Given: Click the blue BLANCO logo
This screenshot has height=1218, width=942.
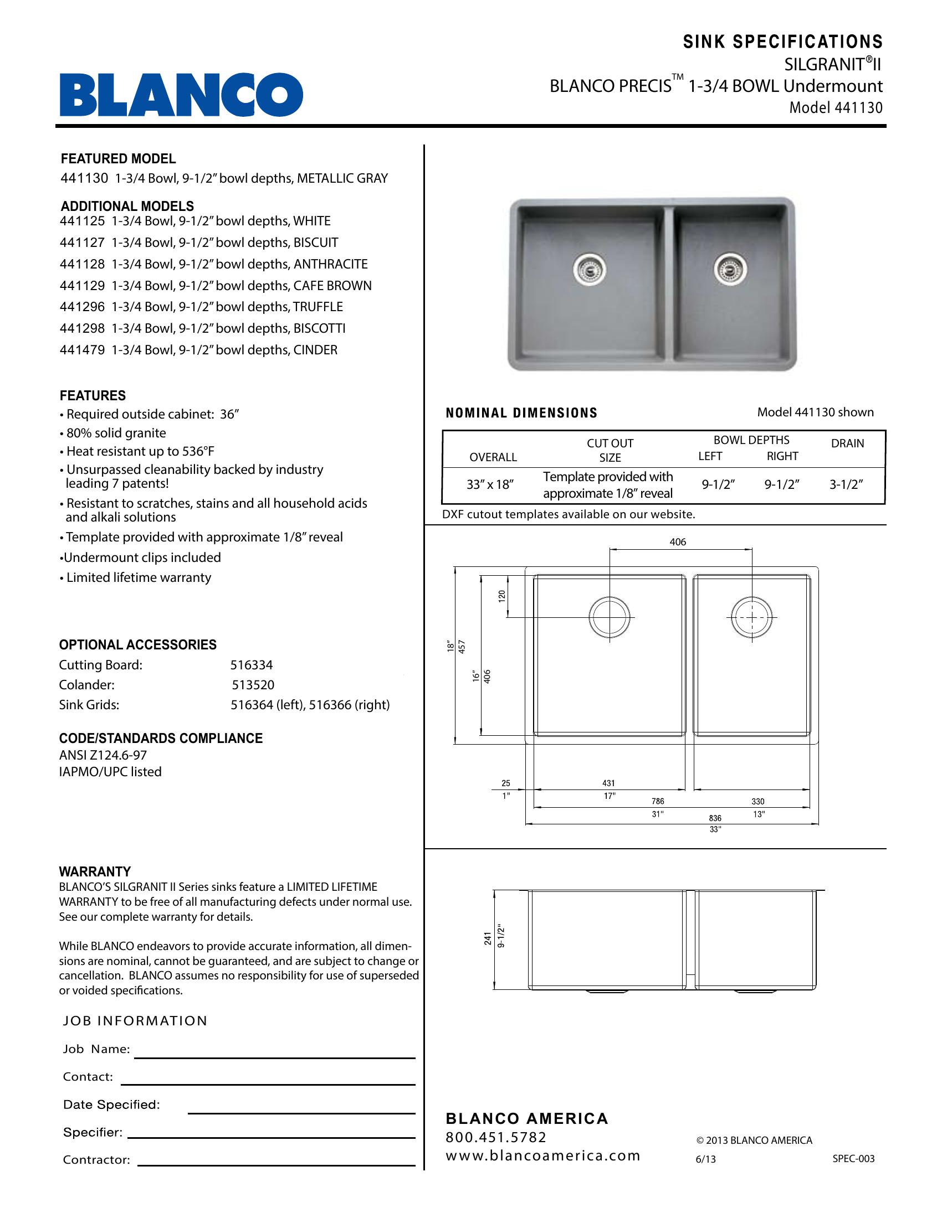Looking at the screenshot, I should click(181, 95).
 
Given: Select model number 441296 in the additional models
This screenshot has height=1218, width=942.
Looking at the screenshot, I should click(82, 307).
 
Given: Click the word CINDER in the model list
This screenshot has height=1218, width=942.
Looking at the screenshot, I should click(315, 350).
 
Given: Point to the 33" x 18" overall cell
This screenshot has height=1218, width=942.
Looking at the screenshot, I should click(489, 484).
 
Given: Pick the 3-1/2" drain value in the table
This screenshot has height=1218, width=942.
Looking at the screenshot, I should click(846, 484).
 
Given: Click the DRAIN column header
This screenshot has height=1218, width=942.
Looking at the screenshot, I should click(847, 443).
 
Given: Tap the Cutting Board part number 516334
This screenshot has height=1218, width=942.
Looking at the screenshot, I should click(252, 665).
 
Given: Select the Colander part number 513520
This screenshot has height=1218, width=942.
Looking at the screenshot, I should click(253, 685).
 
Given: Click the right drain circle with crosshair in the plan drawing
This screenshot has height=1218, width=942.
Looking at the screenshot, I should click(752, 617).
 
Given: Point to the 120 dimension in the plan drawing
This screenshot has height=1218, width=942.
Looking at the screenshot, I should click(501, 596).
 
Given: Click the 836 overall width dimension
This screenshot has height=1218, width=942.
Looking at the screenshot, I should click(715, 818).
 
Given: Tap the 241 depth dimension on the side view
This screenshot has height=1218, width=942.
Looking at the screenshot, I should click(488, 938).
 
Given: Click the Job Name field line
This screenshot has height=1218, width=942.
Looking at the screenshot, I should click(274, 1057).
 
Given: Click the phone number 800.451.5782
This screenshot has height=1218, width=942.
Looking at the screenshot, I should click(496, 1137).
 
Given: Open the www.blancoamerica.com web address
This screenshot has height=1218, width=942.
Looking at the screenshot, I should click(542, 1155).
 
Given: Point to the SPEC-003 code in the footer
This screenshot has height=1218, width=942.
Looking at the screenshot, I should click(853, 1158).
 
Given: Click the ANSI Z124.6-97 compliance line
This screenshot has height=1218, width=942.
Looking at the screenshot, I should click(103, 755).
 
